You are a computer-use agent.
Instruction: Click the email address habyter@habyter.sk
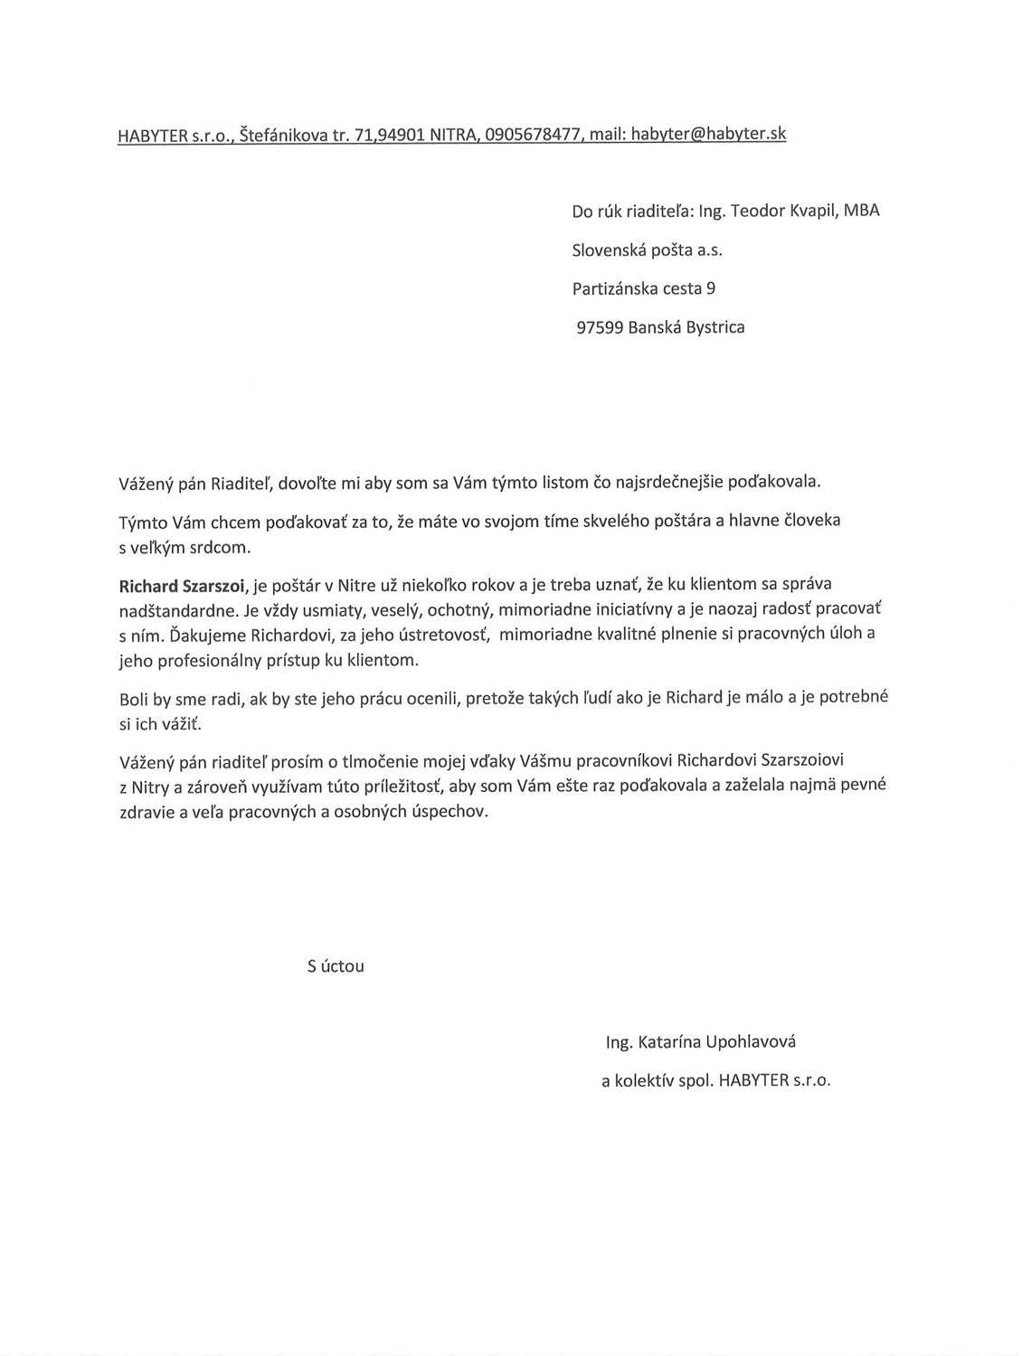[708, 135]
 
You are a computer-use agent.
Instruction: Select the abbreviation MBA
[861, 211]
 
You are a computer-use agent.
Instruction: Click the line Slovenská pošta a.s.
[647, 250]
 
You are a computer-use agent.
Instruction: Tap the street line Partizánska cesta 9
[644, 289]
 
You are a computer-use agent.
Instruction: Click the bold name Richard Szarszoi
[182, 585]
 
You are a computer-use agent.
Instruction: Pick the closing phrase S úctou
[336, 966]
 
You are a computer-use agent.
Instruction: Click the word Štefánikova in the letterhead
[282, 137]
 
